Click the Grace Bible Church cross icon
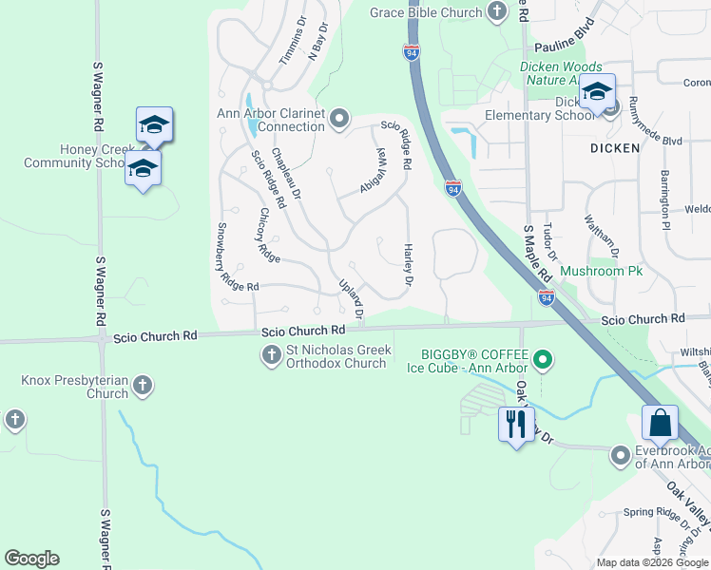[496, 11]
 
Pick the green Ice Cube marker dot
[543, 359]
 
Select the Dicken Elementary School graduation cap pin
[597, 92]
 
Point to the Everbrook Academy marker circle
[621, 455]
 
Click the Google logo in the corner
[31, 559]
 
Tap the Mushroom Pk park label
[601, 271]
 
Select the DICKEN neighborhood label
[614, 148]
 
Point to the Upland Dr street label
[352, 297]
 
